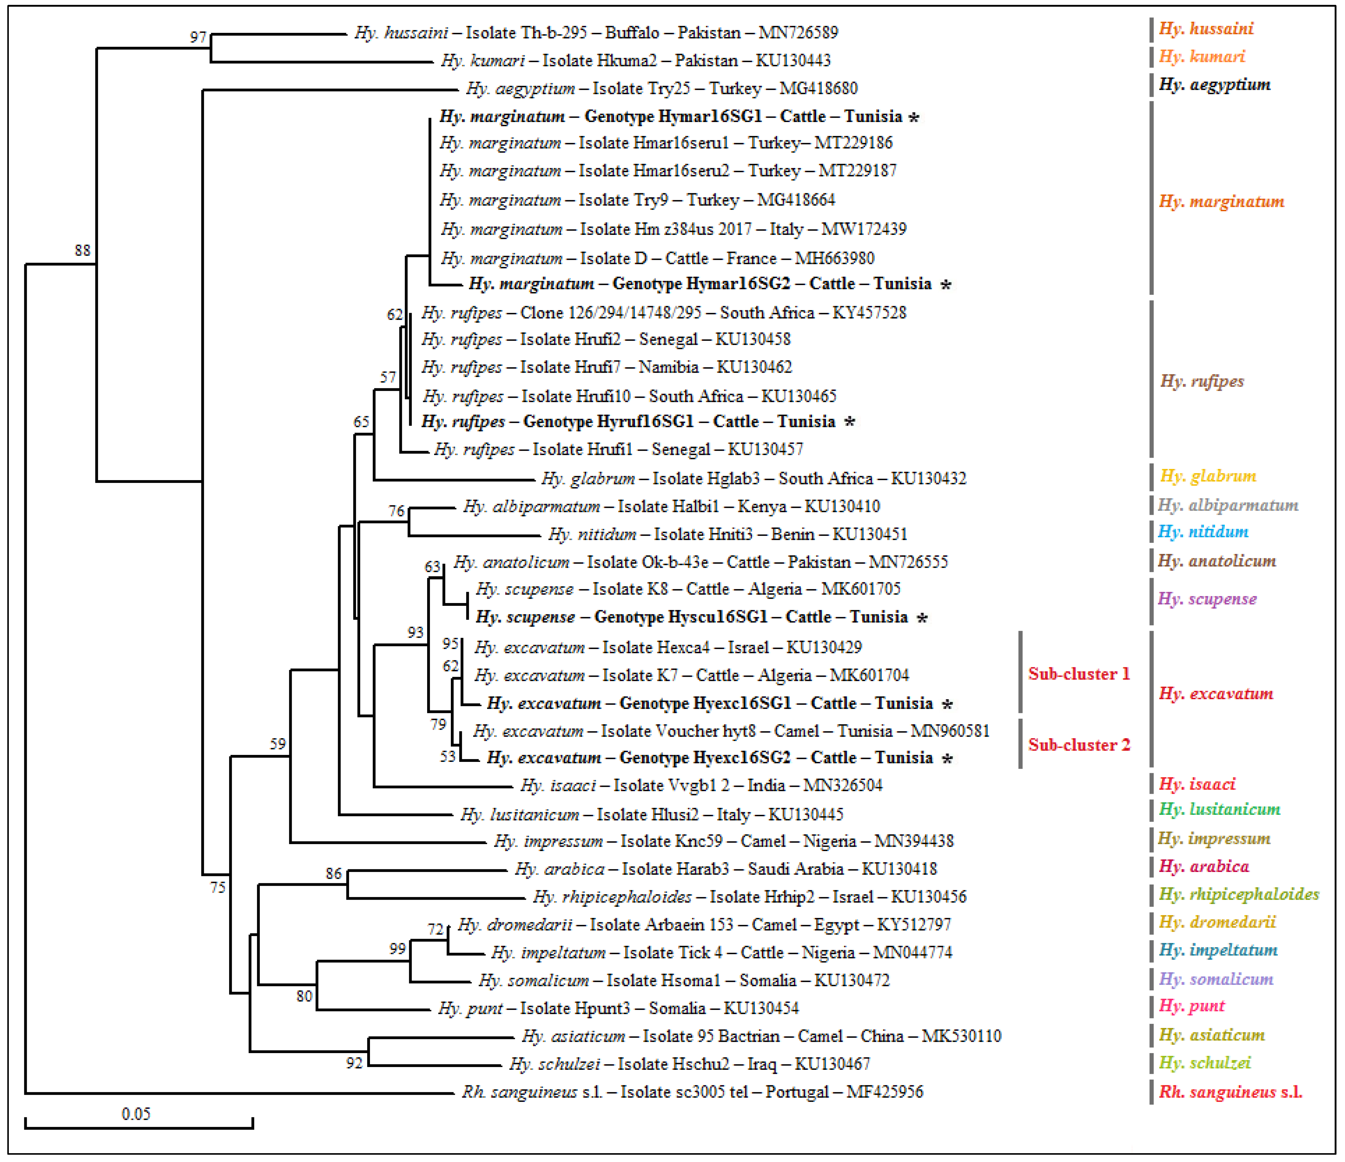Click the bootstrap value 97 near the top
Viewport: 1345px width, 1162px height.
point(198,37)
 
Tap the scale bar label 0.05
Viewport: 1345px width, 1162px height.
point(136,1114)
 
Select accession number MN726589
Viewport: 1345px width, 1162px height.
point(798,33)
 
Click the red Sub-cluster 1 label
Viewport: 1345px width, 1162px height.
point(1079,674)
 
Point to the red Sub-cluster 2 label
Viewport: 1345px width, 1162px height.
point(1079,745)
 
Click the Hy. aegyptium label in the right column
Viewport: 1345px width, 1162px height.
point(1214,84)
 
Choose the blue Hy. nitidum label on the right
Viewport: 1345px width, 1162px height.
point(1203,532)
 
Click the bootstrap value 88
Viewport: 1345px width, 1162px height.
point(82,251)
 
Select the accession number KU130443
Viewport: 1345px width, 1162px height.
point(793,60)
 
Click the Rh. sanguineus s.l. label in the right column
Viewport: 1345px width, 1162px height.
point(1231,1092)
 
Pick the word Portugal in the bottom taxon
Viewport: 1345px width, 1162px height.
point(796,1092)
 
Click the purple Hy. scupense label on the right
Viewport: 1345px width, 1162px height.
point(1207,598)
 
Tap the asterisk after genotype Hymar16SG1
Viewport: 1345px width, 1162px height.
point(914,117)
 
